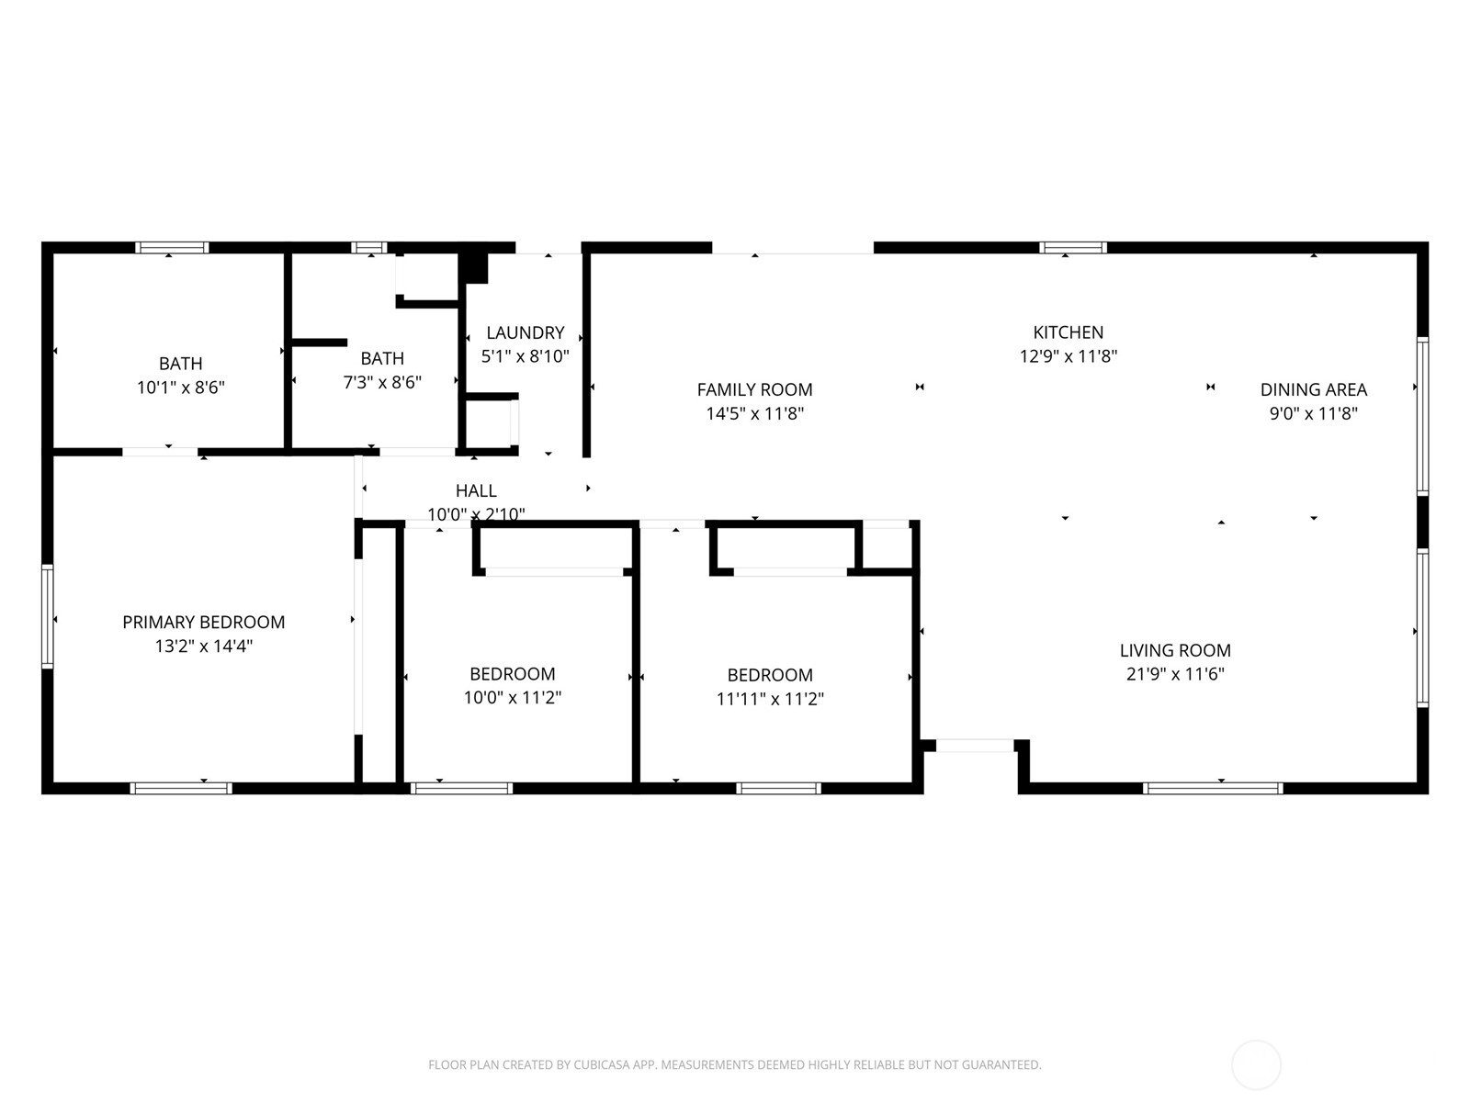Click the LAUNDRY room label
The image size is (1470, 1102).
[525, 332]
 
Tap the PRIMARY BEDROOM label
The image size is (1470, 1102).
[203, 622]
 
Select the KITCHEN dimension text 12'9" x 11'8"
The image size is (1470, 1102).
[1068, 356]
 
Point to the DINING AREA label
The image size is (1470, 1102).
[1313, 389]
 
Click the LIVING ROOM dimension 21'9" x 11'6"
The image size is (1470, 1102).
[1175, 674]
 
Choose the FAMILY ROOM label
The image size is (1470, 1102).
[754, 389]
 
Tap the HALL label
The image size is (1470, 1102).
[476, 490]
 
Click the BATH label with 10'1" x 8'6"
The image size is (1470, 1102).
[180, 364]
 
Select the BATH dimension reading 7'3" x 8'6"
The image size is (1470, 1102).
[382, 382]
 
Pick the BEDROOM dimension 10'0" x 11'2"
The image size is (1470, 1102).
[512, 698]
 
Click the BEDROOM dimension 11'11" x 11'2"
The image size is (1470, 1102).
[770, 699]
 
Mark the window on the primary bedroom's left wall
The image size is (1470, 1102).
[48, 615]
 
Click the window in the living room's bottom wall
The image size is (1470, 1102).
[1213, 788]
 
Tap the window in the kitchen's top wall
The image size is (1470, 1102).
[1073, 247]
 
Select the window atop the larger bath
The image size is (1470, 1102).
[172, 247]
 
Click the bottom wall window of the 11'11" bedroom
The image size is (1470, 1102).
[778, 788]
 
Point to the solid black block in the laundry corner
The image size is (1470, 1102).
[474, 267]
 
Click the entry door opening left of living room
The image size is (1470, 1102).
[975, 746]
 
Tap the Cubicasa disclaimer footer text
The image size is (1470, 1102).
[734, 1065]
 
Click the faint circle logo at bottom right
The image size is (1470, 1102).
[1256, 1065]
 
